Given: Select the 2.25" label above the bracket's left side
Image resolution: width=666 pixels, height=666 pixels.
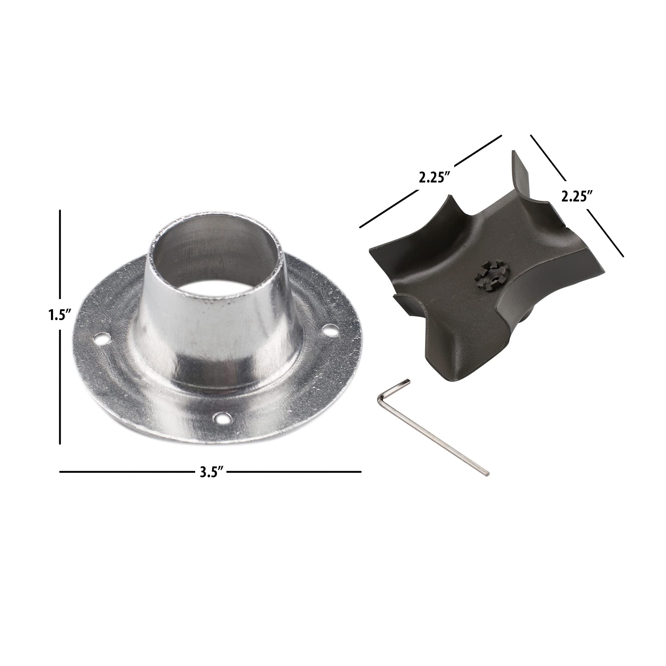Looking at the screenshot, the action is [x=434, y=178].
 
